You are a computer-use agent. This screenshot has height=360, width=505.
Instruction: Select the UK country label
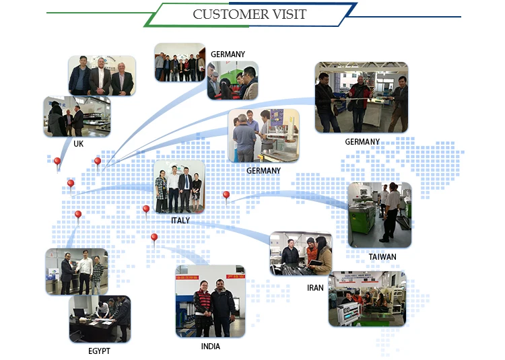tap(79, 143)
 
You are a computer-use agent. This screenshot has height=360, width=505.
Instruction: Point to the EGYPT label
tap(99, 351)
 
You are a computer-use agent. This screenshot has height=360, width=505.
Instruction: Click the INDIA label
tap(210, 347)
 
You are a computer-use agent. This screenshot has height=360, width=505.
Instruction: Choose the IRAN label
tap(316, 287)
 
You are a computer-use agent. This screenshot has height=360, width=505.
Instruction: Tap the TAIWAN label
tap(382, 256)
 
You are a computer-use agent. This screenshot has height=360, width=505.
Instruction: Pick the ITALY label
tap(180, 220)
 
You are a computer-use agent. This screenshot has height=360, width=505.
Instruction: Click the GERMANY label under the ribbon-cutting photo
tap(362, 142)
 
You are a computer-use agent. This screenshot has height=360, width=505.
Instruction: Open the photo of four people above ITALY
tap(178, 186)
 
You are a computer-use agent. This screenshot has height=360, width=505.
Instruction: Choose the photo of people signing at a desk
tap(100, 318)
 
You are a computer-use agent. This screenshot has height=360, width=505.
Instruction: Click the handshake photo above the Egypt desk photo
tap(76, 271)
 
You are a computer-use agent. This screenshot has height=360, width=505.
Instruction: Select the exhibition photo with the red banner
tap(367, 299)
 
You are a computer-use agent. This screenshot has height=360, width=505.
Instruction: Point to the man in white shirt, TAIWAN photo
tap(391, 212)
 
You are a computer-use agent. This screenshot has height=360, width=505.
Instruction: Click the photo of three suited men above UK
tap(102, 75)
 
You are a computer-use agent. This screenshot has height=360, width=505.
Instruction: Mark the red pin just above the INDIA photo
tap(154, 238)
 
